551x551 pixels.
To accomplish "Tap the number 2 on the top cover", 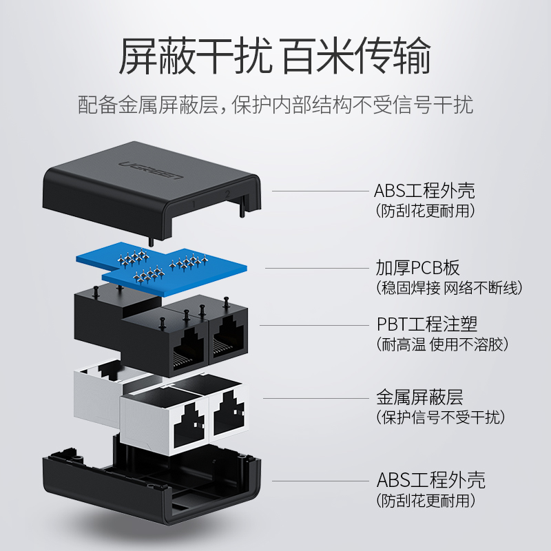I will [227, 194].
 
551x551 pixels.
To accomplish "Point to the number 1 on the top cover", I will [195, 204].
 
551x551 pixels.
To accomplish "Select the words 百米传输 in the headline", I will [357, 57].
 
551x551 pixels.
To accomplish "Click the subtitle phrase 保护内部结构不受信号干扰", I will [353, 106].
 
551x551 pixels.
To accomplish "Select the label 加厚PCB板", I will [417, 268].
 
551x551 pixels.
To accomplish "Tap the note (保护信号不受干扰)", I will [440, 417].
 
